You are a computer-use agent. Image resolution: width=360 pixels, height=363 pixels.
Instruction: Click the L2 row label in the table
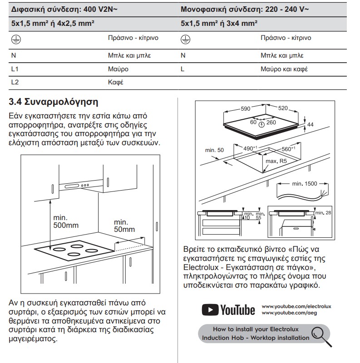(15, 83)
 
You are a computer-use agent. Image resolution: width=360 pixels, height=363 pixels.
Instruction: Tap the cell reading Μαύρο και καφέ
(284, 69)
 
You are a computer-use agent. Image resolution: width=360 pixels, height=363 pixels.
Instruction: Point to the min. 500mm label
(66, 221)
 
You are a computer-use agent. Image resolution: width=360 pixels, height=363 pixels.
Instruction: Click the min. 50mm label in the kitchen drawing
(124, 226)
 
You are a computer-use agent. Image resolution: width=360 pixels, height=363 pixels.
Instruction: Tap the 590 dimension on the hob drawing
(245, 108)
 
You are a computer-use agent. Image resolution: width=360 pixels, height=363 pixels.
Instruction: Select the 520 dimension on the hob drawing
(283, 108)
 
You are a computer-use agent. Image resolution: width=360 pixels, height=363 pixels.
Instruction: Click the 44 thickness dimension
(311, 124)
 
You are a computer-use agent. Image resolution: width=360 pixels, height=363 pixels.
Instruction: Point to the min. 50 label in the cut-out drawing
(214, 150)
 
